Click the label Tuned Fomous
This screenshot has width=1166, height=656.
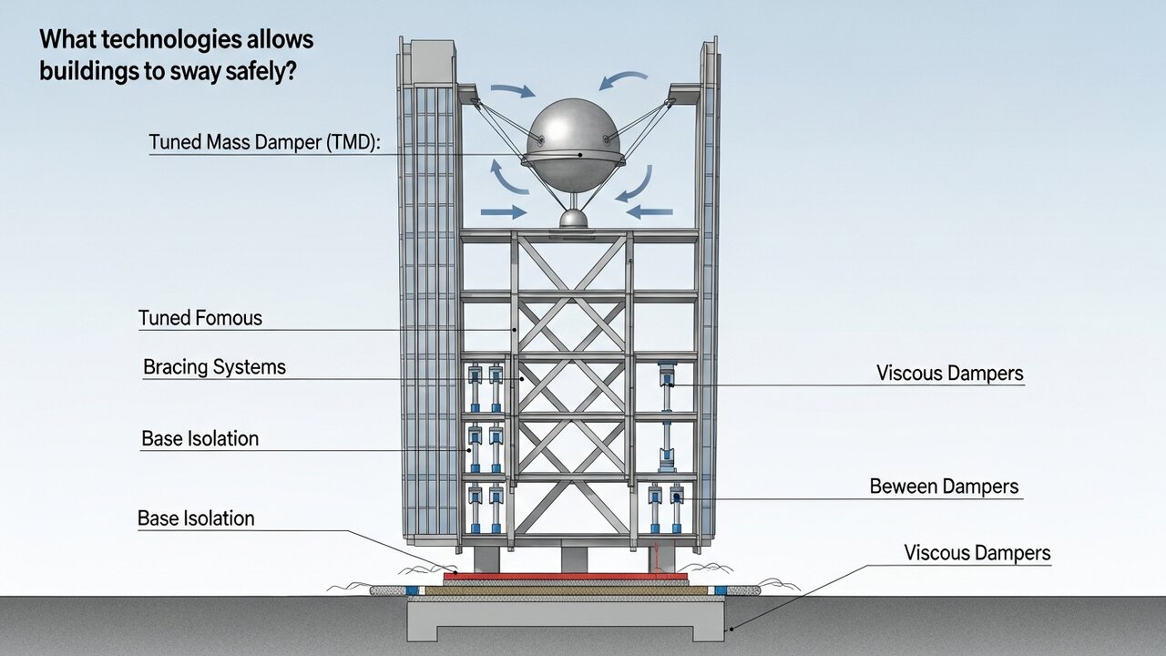[x=199, y=318]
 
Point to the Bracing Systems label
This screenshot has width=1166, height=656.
[x=214, y=367]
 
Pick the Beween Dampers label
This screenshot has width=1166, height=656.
[x=944, y=487]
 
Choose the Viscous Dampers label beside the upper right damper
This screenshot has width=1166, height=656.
[x=949, y=374]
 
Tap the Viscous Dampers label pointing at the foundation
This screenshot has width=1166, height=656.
[x=977, y=553]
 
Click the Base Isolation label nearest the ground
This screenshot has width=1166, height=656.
[x=196, y=518]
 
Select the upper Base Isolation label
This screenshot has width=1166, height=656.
[x=199, y=438]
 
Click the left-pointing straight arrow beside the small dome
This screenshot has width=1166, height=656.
[x=649, y=212]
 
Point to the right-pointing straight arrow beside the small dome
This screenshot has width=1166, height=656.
[x=504, y=212]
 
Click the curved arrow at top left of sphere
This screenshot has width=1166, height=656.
[x=512, y=90]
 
